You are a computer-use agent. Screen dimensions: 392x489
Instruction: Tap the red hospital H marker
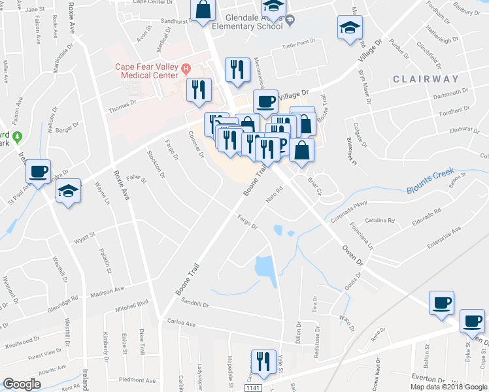186,67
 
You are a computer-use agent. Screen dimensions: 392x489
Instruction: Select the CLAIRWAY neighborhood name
426,79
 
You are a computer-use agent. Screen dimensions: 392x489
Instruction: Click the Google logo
22,384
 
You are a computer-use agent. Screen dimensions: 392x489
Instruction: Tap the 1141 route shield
253,388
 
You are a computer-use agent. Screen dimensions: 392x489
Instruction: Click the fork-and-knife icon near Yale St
263,363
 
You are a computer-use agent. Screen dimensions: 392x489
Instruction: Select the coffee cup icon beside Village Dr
265,101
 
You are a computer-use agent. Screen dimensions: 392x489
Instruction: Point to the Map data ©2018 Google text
448,387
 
